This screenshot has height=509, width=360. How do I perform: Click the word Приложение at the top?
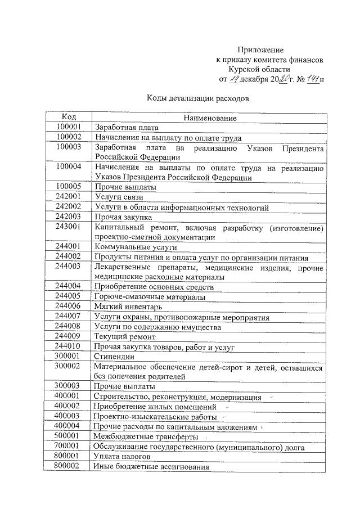(x=259, y=50)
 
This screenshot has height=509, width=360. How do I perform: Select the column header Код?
(x=69, y=117)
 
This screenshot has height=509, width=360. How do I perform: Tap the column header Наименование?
(x=209, y=118)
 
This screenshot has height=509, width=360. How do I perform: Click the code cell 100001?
(x=69, y=127)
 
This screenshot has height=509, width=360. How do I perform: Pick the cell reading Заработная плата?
(x=127, y=128)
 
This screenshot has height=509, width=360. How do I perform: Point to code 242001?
(x=69, y=197)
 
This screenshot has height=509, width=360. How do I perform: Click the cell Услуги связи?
(x=119, y=197)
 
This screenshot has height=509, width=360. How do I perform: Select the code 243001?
(x=69, y=227)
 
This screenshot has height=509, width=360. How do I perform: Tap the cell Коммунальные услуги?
(x=136, y=247)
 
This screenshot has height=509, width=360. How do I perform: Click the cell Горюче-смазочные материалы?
(x=150, y=296)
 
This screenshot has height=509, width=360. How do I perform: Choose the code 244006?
(x=69, y=306)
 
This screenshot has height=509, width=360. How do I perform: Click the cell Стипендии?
(x=114, y=357)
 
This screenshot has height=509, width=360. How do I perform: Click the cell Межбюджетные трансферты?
(x=146, y=436)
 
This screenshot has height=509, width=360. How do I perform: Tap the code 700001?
(x=69, y=447)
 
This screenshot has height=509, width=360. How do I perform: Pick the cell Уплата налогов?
(x=121, y=457)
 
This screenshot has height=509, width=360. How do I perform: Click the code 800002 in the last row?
(x=69, y=466)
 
